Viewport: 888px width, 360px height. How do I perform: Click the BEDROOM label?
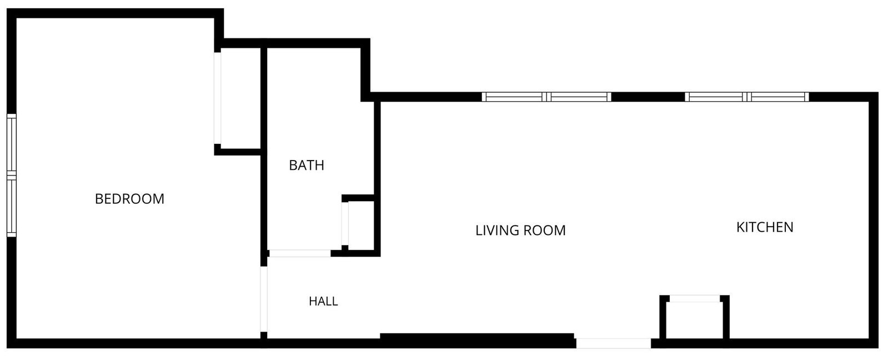pyautogui.click(x=129, y=199)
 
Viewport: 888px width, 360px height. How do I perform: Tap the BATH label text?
pyautogui.click(x=307, y=165)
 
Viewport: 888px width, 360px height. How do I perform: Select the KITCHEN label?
pyautogui.click(x=765, y=227)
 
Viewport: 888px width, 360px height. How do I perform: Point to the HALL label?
pyautogui.click(x=323, y=301)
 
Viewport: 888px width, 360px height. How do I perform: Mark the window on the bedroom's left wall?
pyautogui.click(x=12, y=176)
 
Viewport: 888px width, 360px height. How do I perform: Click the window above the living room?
pyautogui.click(x=546, y=97)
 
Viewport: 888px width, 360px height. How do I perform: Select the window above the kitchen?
pyautogui.click(x=747, y=97)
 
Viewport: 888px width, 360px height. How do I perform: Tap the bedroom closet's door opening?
pyautogui.click(x=217, y=98)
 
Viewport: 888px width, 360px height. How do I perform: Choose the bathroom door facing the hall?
pyautogui.click(x=299, y=253)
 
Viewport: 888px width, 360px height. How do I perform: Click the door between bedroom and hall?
pyautogui.click(x=264, y=299)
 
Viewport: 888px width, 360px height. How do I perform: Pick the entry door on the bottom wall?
pyautogui.click(x=613, y=343)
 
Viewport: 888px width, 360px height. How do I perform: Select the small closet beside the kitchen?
pyautogui.click(x=695, y=321)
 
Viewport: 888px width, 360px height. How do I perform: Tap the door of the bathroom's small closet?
pyautogui.click(x=345, y=224)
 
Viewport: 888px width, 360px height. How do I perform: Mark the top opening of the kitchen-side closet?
pyautogui.click(x=695, y=298)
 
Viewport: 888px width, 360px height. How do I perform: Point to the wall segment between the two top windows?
pyautogui.click(x=648, y=97)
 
